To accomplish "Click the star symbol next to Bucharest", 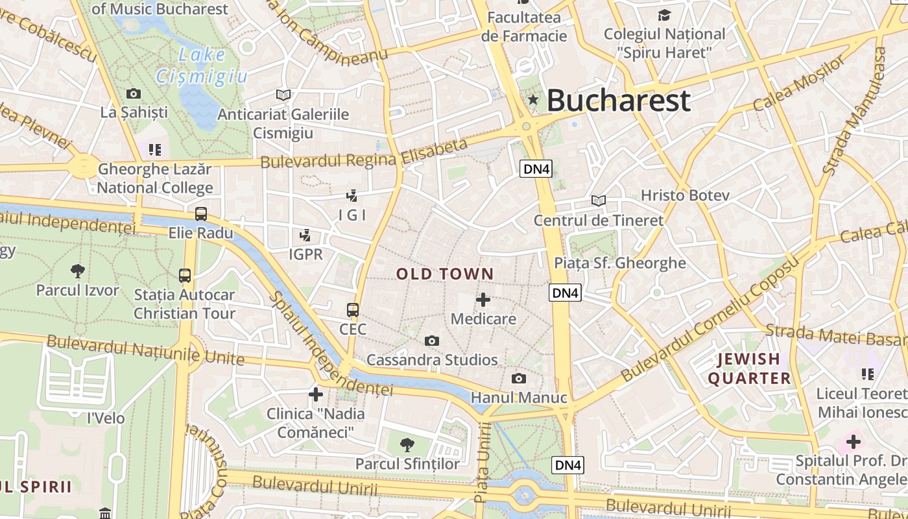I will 533,100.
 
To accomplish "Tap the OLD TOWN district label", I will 445,274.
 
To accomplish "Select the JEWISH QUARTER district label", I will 749,368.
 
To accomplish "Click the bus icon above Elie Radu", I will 201,213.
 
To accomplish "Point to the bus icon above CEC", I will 353,310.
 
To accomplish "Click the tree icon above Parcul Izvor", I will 78,271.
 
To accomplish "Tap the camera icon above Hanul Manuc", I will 519,378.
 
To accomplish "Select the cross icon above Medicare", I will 483,300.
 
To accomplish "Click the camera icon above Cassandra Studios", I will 432,341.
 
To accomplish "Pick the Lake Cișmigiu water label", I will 202,66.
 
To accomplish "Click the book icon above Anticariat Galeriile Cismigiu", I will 283,95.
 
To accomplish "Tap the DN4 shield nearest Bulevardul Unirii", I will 568,465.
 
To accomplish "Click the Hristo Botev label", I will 685,195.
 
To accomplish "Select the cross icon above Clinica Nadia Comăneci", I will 316,394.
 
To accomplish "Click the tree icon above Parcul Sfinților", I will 407,444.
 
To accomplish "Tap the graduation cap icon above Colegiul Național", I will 664,14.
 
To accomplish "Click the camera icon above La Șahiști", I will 134,93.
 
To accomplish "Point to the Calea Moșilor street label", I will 800,83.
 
